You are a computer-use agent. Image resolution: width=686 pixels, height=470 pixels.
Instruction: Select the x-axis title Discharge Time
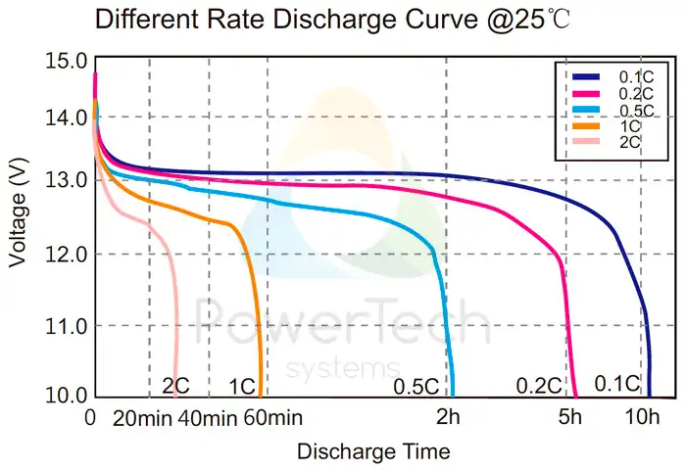pos(373,451)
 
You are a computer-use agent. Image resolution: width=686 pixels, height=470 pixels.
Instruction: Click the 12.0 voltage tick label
pos(65,255)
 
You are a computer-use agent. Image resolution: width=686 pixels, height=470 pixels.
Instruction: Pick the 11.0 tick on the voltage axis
pos(65,325)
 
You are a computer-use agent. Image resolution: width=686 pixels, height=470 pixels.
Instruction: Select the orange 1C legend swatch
pos(585,126)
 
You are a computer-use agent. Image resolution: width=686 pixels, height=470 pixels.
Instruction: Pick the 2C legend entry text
pos(629,142)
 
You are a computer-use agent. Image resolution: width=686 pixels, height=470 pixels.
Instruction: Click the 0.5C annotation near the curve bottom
pos(416,387)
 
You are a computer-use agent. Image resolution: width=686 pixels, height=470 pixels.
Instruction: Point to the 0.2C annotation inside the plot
pos(539,386)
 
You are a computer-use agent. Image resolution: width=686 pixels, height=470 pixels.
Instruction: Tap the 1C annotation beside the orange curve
pos(241,387)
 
